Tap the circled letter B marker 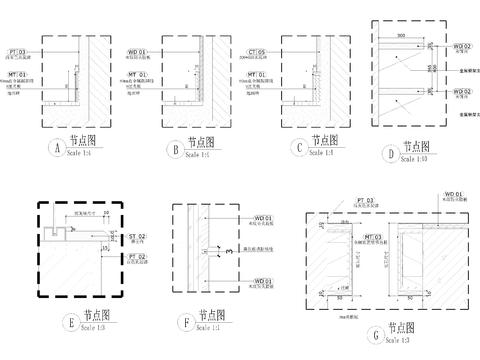tap(175, 149)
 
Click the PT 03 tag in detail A tap(18, 50)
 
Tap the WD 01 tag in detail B tap(137, 50)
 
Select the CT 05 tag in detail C tap(255, 50)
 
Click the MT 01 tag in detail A tap(18, 73)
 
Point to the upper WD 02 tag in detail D tap(460, 46)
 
